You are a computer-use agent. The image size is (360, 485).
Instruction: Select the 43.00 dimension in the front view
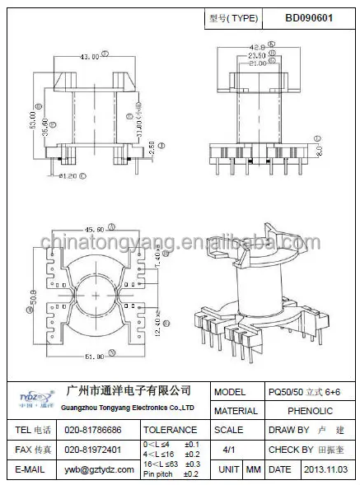pos(87,57)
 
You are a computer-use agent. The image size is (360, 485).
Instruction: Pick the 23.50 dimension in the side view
pos(256,56)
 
